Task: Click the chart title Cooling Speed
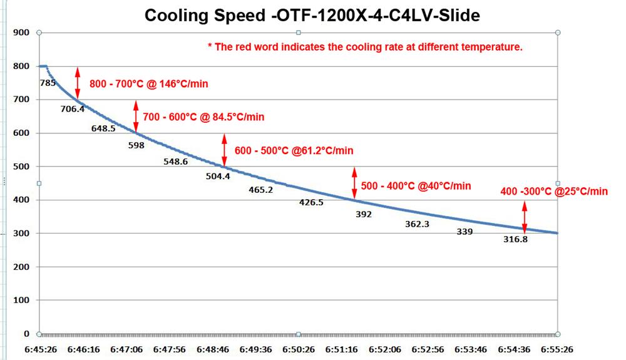point(312,15)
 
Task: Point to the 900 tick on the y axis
point(21,32)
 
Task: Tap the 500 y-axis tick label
point(21,167)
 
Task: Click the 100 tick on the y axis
point(21,301)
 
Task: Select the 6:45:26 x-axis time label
point(40,349)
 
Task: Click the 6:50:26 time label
point(298,349)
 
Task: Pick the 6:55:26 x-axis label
point(557,349)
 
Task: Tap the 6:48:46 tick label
point(212,349)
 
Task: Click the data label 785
point(48,82)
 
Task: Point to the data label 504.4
point(218,176)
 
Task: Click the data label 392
point(364,214)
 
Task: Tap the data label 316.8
point(516,239)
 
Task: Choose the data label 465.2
point(260,190)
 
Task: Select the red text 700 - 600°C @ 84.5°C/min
point(203,117)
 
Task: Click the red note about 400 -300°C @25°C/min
point(554,192)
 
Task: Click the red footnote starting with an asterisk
point(365,47)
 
